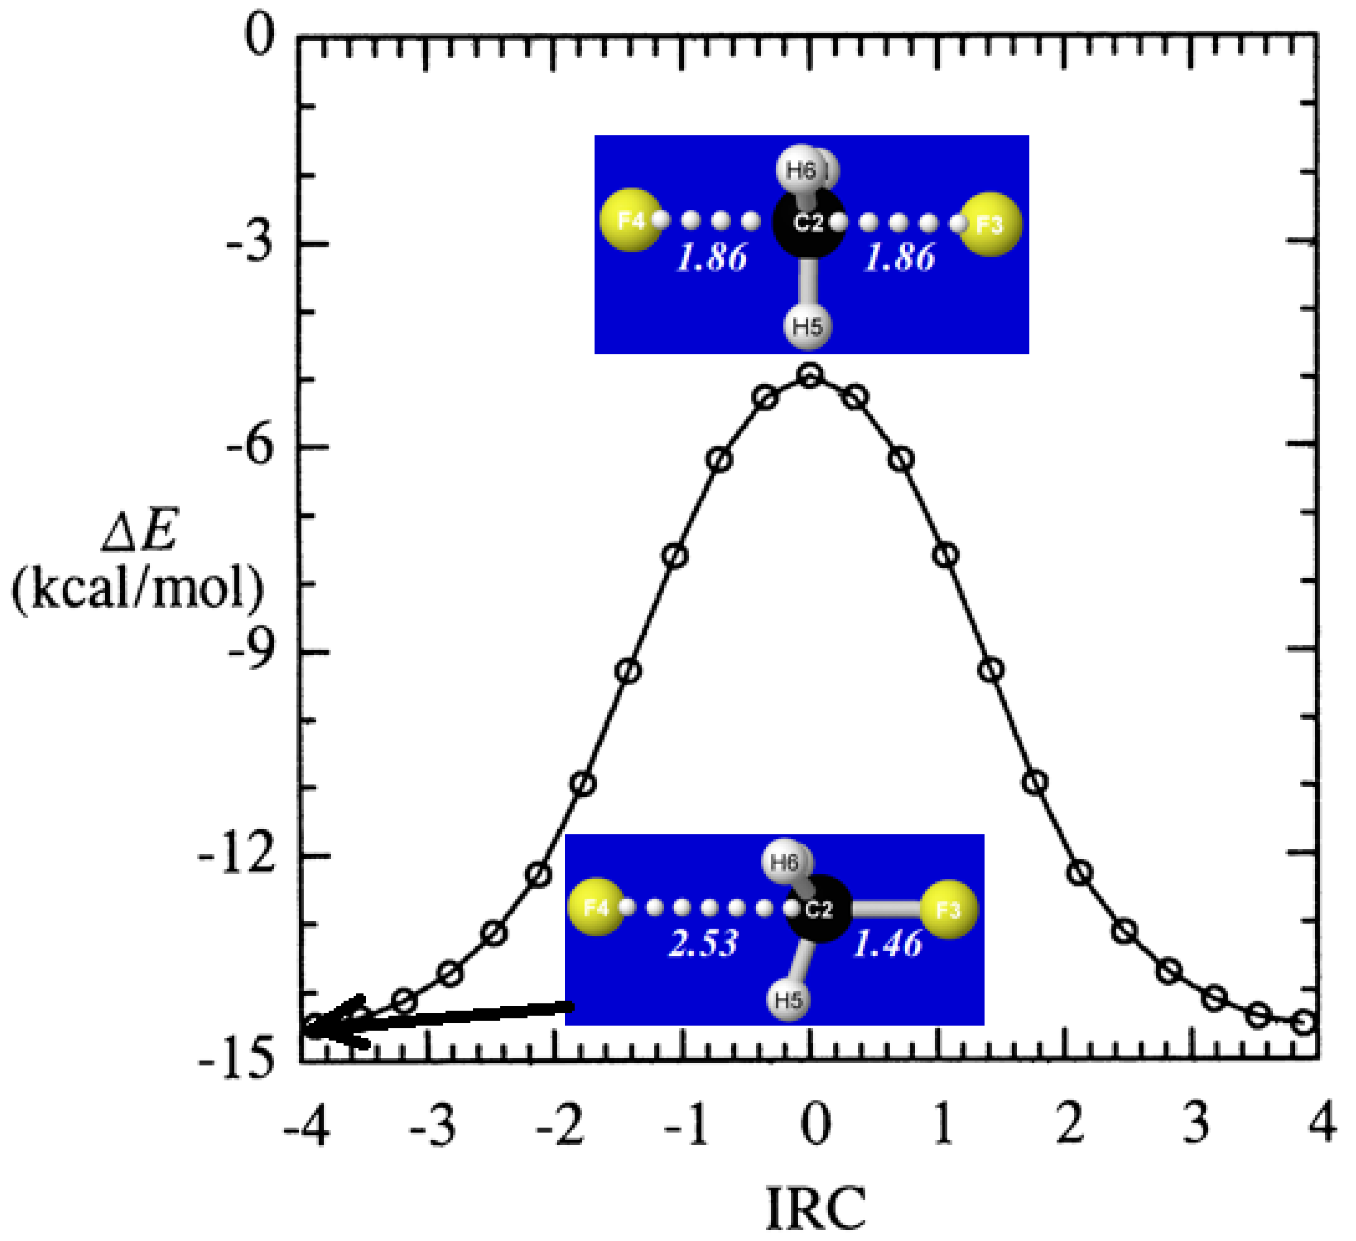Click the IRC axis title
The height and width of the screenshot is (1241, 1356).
tap(815, 1209)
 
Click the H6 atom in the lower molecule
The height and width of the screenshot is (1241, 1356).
tap(786, 863)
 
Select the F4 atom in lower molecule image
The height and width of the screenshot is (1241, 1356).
tap(596, 907)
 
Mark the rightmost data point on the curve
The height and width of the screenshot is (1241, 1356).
tap(1303, 1023)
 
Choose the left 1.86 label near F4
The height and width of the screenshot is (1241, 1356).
tap(711, 258)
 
